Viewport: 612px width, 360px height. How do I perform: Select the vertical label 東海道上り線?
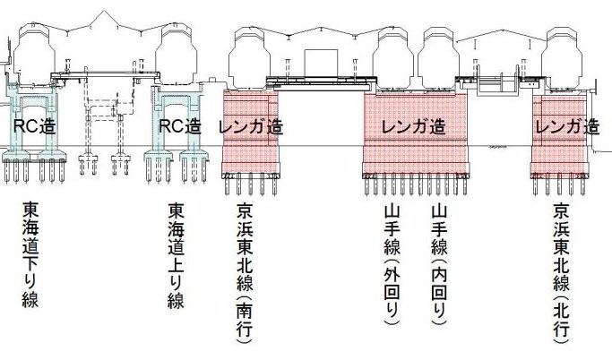pos(176,255)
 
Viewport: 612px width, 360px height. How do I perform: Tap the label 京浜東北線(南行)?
pos(245,273)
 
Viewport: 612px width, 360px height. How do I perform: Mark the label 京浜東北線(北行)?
pos(562,273)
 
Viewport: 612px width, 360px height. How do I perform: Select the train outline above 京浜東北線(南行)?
pos(250,56)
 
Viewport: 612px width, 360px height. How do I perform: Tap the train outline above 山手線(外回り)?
pos(395,56)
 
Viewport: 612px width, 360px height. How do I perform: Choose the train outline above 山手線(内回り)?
pos(439,56)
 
